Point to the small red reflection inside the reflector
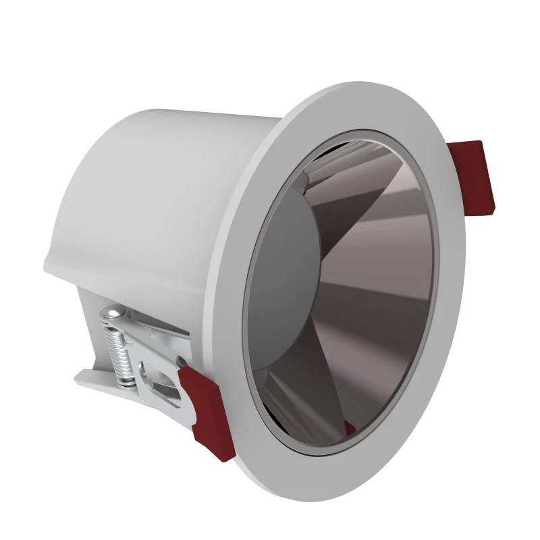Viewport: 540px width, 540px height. (x=349, y=427)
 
